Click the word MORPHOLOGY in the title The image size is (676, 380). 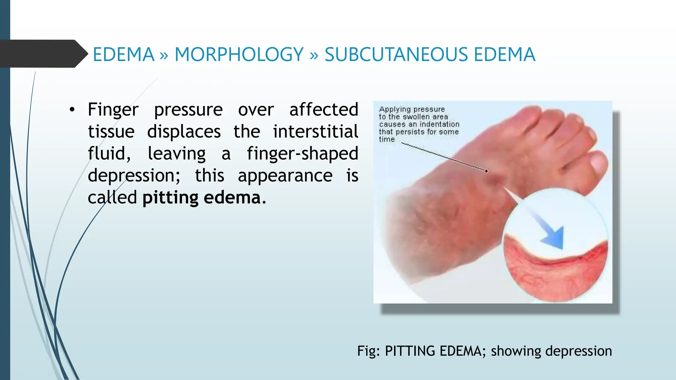(239, 54)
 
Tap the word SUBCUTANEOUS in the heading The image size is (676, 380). (396, 54)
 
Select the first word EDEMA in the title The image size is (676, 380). (123, 54)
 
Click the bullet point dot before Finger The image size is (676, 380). (72, 110)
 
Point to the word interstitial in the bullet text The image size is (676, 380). (315, 132)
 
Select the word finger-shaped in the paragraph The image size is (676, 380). (302, 154)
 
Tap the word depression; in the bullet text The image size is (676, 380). (134, 175)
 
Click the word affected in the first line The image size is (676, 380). (323, 110)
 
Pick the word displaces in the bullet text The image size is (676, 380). (184, 132)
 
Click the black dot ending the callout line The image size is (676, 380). (487, 171)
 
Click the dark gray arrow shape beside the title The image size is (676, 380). (43, 54)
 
